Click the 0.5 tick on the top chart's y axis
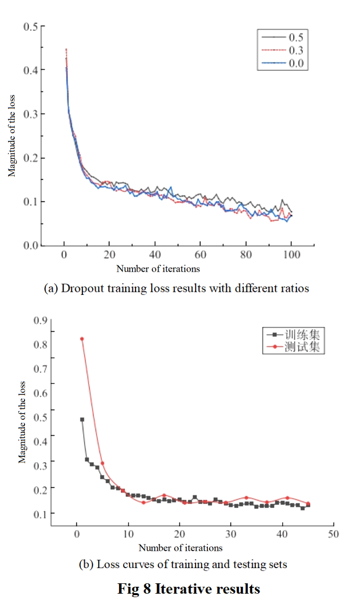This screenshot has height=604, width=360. coord(31,26)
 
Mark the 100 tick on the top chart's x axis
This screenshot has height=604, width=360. coord(291,255)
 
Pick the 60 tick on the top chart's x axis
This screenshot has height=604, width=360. coord(200,255)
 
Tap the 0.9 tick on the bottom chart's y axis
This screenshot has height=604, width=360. coord(40,320)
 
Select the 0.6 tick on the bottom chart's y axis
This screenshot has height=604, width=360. coord(40,393)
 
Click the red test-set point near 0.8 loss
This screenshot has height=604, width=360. coord(82,339)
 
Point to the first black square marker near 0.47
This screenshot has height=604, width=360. coord(82,419)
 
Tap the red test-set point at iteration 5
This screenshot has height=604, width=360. coord(102,463)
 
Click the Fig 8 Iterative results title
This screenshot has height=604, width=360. coord(189,588)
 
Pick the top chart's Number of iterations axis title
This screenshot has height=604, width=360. coord(158,269)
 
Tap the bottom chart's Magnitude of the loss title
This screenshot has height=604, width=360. coord(22,423)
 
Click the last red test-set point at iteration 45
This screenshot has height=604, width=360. coord(308,504)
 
